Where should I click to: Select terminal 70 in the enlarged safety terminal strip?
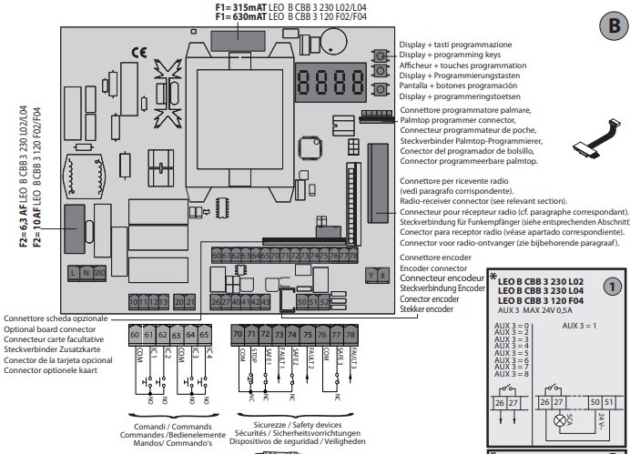coord(238,336)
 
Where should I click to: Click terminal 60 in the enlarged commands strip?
coord(136,336)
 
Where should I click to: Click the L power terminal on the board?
coord(73,272)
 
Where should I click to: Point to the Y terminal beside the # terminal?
coord(371,273)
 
